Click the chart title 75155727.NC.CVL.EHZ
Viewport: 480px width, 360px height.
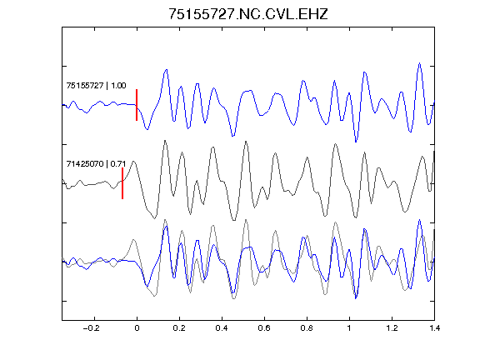coord(248,14)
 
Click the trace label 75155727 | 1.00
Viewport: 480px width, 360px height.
coord(96,85)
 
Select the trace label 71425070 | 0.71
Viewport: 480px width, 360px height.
coord(96,164)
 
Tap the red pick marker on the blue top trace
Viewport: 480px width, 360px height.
coord(137,105)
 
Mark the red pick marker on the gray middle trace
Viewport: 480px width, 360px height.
coord(122,183)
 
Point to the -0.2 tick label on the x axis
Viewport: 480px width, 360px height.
coord(92,328)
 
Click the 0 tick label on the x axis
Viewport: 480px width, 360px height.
coord(137,328)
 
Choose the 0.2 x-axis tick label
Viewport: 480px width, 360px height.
coord(179,328)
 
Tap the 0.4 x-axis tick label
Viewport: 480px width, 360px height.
coord(222,328)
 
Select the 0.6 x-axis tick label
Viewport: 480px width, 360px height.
coord(264,328)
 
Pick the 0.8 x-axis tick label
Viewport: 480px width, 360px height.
coord(307,328)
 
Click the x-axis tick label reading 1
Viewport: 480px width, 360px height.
coord(349,328)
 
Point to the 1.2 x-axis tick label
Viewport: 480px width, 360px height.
coord(392,328)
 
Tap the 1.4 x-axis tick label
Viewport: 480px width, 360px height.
coord(434,328)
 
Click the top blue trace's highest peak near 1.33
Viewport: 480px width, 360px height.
coord(419,63)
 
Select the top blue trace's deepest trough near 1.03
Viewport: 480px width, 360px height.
coord(356,142)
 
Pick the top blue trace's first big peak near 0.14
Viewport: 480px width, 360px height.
coord(166,70)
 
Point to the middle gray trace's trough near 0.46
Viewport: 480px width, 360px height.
coord(234,220)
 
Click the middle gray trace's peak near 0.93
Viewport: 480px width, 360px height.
coord(336,144)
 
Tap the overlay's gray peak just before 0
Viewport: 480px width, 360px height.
coord(133,240)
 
